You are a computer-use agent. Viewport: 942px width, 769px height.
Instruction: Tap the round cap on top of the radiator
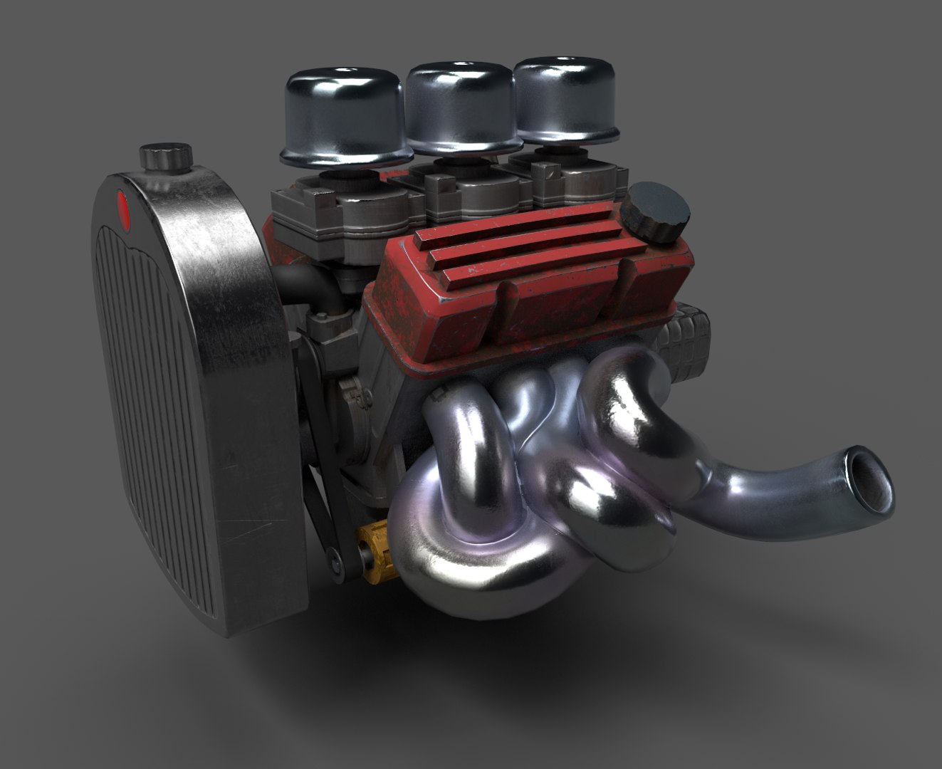point(166,156)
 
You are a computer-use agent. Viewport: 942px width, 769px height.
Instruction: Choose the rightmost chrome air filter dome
point(558,98)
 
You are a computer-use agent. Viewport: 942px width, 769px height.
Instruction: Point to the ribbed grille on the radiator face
point(164,392)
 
